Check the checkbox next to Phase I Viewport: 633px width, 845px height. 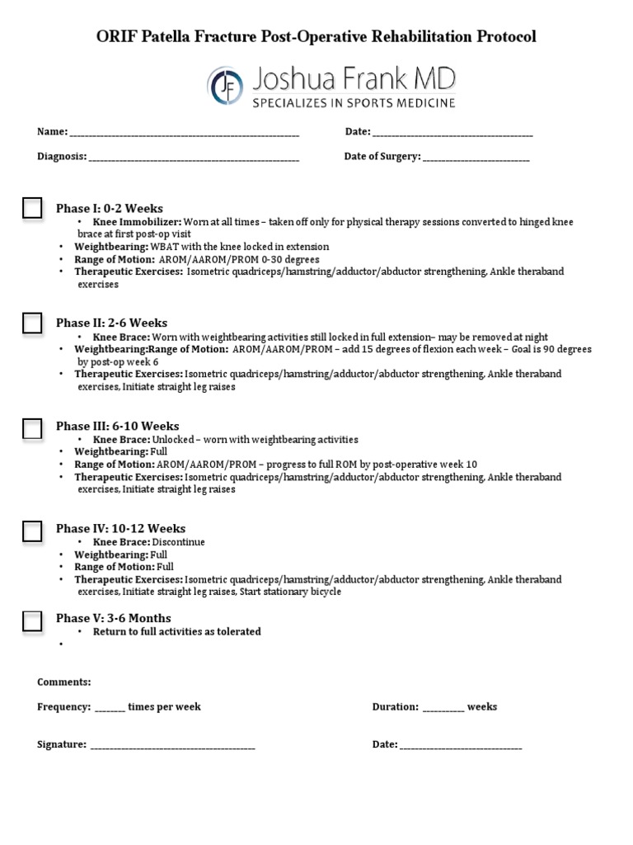tap(32, 209)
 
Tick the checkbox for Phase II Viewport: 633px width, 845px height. tap(32, 323)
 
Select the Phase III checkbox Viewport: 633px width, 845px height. tap(32, 427)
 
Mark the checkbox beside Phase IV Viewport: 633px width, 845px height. tap(32, 531)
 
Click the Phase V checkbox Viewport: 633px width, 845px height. tap(32, 621)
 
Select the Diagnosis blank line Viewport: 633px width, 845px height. tap(194, 158)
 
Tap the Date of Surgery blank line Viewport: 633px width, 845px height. tap(476, 158)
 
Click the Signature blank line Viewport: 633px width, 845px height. tap(172, 746)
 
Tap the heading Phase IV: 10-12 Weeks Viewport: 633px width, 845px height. tap(120, 529)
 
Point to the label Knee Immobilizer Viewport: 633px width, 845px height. tap(137, 223)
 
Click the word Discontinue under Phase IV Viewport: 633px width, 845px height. tap(179, 543)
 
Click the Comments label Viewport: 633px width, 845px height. tap(64, 682)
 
